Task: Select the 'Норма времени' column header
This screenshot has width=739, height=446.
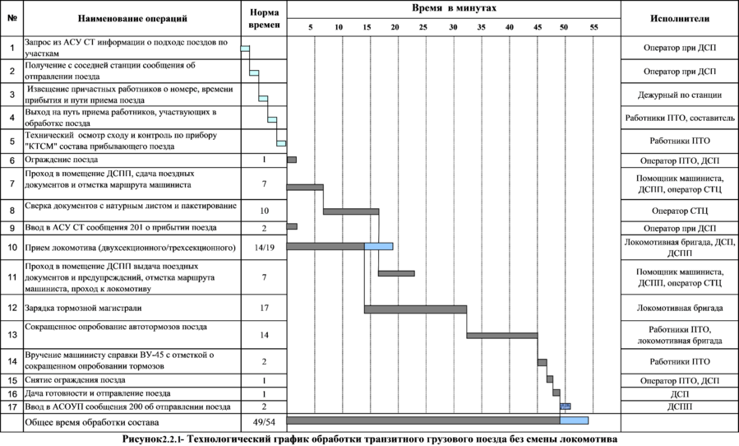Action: [264, 18]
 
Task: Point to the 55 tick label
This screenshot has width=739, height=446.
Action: [594, 27]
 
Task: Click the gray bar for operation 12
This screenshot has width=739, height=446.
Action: [415, 309]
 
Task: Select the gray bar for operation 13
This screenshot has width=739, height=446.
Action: [501, 335]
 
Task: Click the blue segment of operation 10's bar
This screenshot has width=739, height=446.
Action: [379, 246]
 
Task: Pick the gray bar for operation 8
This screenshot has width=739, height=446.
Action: [351, 211]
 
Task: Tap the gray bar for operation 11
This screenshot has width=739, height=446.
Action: [396, 273]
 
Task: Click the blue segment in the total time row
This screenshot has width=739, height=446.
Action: [575, 420]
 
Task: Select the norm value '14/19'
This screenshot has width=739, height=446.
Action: [264, 247]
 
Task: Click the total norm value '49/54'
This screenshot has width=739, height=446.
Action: [264, 421]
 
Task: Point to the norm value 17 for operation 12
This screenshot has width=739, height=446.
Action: [264, 309]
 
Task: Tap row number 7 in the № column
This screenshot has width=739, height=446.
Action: [12, 184]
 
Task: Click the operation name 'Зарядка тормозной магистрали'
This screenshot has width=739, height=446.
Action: [83, 309]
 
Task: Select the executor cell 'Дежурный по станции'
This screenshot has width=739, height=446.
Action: [679, 95]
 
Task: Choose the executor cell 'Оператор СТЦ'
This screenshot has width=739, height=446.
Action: [679, 211]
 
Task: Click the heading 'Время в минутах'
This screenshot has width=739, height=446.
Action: [454, 7]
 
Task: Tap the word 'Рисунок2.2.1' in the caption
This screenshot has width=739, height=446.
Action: [152, 439]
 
